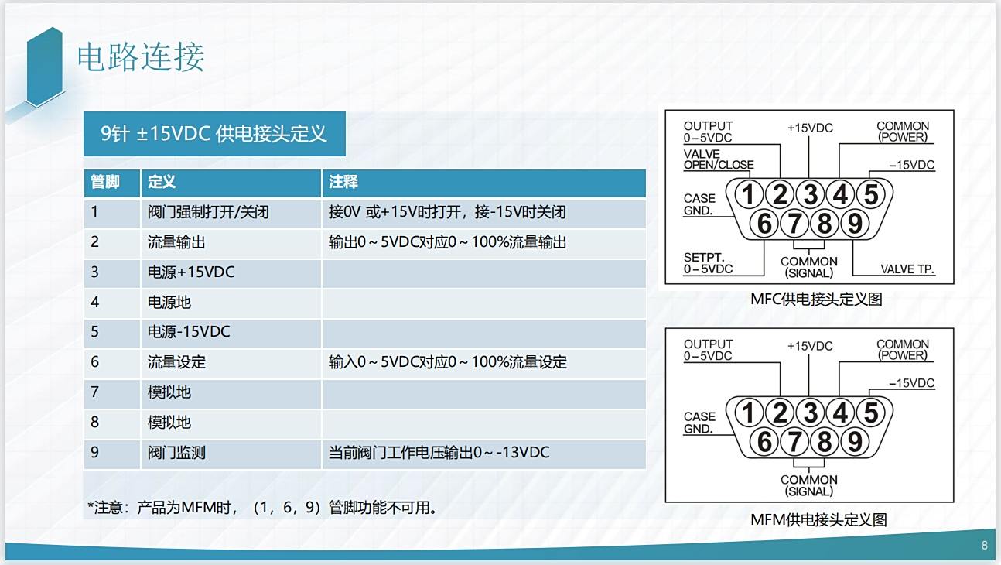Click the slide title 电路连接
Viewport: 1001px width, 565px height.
point(141,57)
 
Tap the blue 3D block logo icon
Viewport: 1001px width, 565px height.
point(44,67)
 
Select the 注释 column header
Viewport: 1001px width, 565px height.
point(343,182)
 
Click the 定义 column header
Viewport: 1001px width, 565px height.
point(162,182)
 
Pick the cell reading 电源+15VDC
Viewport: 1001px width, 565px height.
point(191,272)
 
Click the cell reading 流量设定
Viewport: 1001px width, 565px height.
point(176,362)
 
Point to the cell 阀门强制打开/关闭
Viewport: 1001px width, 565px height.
point(208,212)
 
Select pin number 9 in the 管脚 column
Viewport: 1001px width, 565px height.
point(94,452)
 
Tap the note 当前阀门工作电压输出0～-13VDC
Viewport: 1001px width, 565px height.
point(439,452)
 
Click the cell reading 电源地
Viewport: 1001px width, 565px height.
point(169,302)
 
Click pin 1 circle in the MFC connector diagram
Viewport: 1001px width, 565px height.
point(749,194)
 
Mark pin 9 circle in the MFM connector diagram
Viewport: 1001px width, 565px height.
point(855,442)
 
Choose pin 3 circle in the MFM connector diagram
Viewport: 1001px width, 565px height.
point(810,413)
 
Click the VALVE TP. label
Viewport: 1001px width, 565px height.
point(907,269)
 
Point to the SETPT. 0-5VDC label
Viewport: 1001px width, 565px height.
point(709,263)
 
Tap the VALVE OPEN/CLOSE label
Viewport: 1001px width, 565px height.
point(719,159)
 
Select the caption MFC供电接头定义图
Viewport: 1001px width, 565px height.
point(816,299)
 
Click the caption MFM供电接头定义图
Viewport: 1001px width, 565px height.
point(818,520)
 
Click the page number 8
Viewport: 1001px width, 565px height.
point(985,545)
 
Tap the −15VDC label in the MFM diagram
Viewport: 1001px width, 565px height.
point(911,383)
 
